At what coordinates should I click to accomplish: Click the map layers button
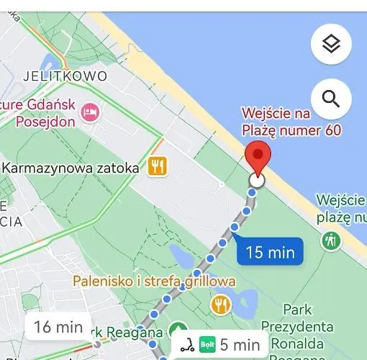click(330, 44)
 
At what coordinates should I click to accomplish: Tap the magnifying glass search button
click(331, 99)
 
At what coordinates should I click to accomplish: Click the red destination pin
click(258, 158)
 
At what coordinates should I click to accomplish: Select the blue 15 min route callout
click(270, 252)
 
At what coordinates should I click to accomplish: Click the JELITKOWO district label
click(65, 76)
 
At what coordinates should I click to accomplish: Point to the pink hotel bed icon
click(91, 112)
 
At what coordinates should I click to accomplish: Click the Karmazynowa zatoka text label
click(71, 168)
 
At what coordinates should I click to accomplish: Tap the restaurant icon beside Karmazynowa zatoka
click(158, 167)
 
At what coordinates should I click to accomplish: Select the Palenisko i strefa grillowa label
click(153, 281)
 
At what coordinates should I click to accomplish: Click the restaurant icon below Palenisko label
click(220, 305)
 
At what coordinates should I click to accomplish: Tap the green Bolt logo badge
click(207, 345)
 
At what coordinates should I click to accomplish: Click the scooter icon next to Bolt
click(187, 345)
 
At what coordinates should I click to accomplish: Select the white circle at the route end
click(257, 181)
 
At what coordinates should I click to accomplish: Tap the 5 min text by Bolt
click(240, 345)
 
